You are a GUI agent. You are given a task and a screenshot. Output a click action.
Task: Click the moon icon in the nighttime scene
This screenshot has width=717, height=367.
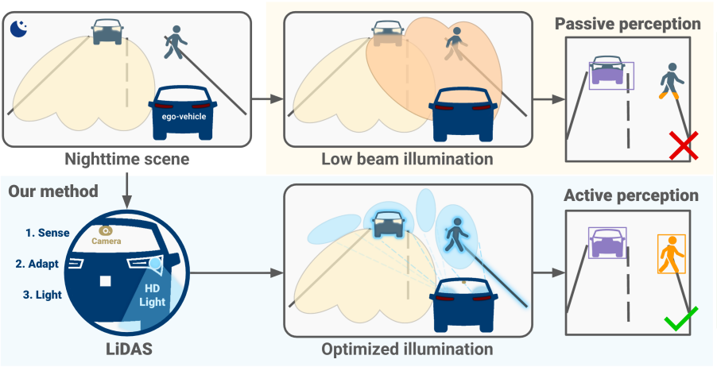point(19,29)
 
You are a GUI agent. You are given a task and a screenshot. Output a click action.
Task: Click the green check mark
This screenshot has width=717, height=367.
point(681,319)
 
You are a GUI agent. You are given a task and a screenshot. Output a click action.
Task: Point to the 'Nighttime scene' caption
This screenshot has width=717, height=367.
point(127,159)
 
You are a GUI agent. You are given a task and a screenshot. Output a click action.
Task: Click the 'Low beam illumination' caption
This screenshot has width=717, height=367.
point(407,159)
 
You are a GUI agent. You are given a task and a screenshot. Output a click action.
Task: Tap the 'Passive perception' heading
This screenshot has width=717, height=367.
point(628,24)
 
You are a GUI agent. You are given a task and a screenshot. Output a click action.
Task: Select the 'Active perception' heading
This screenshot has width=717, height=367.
point(631,195)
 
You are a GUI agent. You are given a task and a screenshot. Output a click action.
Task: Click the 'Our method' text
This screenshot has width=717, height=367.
point(52,191)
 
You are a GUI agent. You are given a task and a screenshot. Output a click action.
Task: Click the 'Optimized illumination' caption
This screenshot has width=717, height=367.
point(407,349)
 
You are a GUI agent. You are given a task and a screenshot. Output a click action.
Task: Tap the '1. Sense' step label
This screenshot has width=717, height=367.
point(47,233)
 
